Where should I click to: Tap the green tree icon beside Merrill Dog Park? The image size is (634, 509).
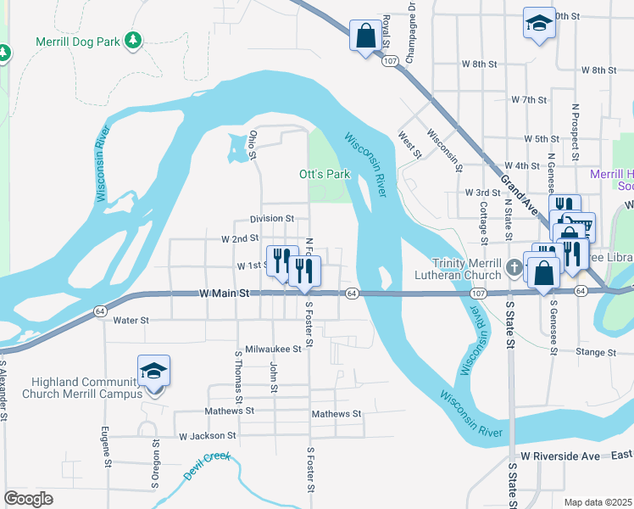point(132,40)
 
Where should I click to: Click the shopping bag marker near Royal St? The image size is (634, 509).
point(366,36)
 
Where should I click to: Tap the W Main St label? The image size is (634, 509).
point(225,293)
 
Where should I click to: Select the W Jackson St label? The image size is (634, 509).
point(206,436)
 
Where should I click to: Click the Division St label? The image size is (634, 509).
point(271,218)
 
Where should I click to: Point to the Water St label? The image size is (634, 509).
point(131,321)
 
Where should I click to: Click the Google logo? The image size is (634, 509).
point(28,498)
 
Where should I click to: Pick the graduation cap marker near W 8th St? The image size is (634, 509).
point(538,23)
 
